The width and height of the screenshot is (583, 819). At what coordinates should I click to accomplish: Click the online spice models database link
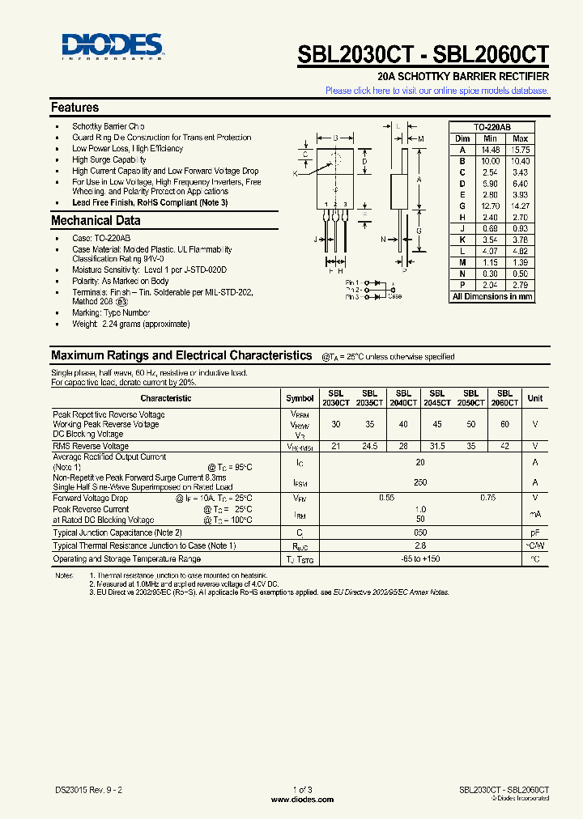tap(436, 91)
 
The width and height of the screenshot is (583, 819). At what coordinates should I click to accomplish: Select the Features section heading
tap(74, 108)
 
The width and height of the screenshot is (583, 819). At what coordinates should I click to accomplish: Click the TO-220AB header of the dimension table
tap(492, 128)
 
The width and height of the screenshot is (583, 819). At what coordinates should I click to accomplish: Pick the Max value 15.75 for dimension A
tap(521, 150)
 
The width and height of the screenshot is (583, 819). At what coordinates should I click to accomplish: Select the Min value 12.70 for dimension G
tap(490, 206)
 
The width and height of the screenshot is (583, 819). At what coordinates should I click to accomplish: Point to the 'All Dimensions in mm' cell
tap(492, 297)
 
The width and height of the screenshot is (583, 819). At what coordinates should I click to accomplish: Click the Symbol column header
tap(300, 398)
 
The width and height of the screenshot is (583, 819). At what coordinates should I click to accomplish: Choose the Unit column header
tap(535, 398)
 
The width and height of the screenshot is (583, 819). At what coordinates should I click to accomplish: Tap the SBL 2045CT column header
tap(436, 397)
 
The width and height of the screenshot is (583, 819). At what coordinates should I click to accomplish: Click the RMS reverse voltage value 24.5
tap(369, 446)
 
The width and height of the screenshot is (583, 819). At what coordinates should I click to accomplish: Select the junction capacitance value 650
tap(419, 533)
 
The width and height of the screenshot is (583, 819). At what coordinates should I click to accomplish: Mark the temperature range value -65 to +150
tap(419, 559)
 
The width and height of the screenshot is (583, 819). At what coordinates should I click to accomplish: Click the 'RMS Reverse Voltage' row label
tap(91, 446)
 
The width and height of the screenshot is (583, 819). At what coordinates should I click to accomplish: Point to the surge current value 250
tap(419, 482)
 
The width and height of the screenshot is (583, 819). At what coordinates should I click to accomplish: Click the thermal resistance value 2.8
tap(419, 546)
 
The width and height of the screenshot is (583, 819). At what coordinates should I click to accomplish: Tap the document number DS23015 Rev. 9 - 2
tap(89, 789)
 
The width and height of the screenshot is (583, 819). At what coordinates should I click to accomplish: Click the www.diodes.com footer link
tap(302, 799)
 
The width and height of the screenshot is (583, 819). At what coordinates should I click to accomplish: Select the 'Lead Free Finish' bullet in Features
tap(150, 202)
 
